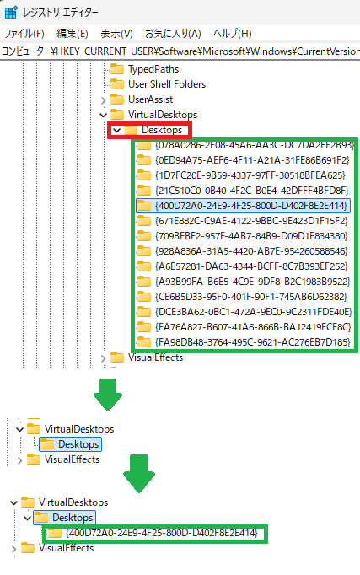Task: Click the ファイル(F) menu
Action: click(24, 34)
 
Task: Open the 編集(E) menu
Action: click(73, 34)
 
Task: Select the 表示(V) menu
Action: click(116, 34)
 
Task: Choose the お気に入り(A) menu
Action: click(173, 34)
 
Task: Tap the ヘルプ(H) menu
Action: click(233, 34)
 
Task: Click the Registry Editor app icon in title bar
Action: click(11, 12)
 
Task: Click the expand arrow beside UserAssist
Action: click(103, 99)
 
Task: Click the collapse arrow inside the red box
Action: click(116, 130)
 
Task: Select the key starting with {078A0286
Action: click(245, 145)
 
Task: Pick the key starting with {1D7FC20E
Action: click(241, 175)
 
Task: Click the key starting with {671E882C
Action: click(242, 221)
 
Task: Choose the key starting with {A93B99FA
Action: click(244, 282)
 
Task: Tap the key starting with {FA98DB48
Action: click(244, 341)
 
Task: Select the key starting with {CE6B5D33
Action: click(242, 296)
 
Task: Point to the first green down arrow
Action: click(108, 395)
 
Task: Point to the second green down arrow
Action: click(139, 474)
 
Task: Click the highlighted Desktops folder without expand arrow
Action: click(70, 444)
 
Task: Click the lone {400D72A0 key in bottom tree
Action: click(153, 533)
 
